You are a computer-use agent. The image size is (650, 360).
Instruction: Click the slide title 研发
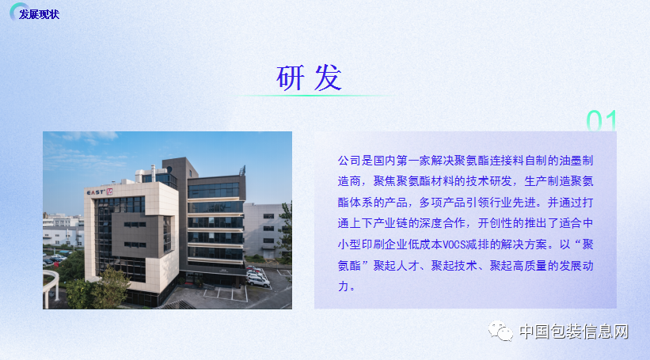[x=309, y=78]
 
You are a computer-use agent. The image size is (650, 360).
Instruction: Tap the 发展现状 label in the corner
[x=39, y=14]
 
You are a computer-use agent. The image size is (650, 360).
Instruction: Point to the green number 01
[x=601, y=120]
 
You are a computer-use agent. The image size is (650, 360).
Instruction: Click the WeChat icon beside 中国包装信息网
[x=500, y=331]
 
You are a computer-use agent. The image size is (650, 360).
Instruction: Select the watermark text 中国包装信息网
[x=574, y=332]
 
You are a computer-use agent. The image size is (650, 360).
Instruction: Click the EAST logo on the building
[x=100, y=191]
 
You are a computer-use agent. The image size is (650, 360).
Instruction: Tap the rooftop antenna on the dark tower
[x=242, y=170]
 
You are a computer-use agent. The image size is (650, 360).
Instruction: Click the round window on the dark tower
[x=169, y=169]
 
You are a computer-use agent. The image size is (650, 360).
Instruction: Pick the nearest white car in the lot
[x=258, y=282]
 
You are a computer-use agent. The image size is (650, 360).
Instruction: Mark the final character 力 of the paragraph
[x=344, y=286]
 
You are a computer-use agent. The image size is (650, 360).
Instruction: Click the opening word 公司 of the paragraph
[x=349, y=161]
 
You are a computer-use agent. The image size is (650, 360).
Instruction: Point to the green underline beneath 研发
[x=315, y=96]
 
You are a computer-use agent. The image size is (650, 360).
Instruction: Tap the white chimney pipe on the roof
[x=153, y=173]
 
